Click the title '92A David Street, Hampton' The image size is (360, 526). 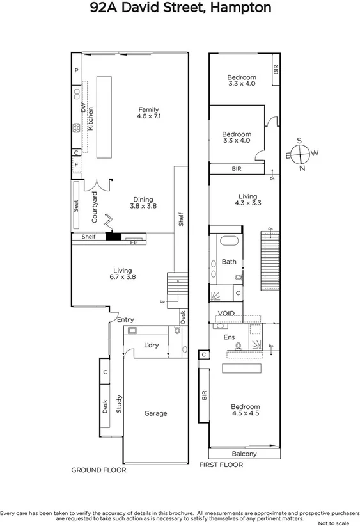180,8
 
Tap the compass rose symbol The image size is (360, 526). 301,154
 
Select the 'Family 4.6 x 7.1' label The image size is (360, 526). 148,113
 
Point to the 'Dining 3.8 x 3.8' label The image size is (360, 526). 143,202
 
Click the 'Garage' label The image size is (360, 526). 155,413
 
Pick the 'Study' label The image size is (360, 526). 119,404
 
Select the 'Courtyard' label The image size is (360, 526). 94,207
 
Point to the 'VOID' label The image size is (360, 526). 226,314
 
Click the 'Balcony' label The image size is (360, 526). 244,454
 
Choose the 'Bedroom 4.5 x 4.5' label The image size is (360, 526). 246,410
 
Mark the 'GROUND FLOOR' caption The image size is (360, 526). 98,470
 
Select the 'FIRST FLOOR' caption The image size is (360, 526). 221,465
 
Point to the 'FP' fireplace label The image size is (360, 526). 134,243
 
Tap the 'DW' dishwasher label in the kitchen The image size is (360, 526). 83,107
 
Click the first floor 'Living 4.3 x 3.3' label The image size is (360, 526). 247,200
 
